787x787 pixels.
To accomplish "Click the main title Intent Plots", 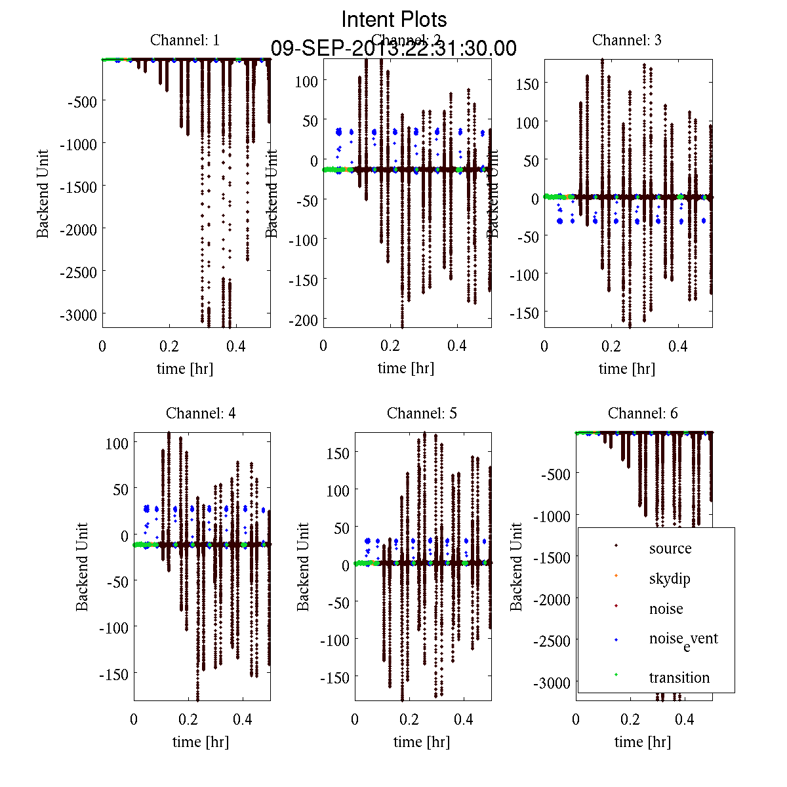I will click(x=394, y=19).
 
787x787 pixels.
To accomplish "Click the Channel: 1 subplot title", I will click(x=185, y=40).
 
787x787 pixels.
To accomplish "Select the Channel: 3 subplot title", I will click(x=626, y=40).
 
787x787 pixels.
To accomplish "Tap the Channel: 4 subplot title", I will click(x=201, y=413).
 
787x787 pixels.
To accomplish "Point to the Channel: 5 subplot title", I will click(x=422, y=413).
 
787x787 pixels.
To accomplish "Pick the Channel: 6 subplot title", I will click(x=643, y=413).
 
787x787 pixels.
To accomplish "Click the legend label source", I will click(x=670, y=548).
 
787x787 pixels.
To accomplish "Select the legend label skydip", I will click(x=670, y=578).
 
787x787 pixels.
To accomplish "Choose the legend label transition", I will click(x=679, y=677).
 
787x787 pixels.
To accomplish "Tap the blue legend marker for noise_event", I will click(x=616, y=639).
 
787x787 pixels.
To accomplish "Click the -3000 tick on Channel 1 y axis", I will click(x=78, y=315).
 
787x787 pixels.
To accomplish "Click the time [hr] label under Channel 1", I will click(x=185, y=369).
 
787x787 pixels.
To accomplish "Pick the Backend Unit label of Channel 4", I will click(x=82, y=567).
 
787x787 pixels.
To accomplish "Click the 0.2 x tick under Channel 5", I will click(x=409, y=719).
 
